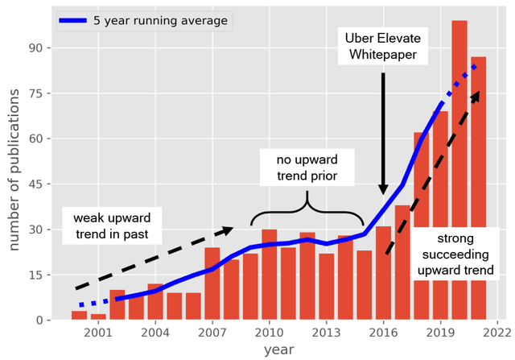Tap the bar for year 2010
270,275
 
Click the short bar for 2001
98,317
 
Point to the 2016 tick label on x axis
383,331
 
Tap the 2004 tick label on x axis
155,331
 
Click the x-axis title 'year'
278,350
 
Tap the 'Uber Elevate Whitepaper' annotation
382,47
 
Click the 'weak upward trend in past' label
112,226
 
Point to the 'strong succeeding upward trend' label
455,254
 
